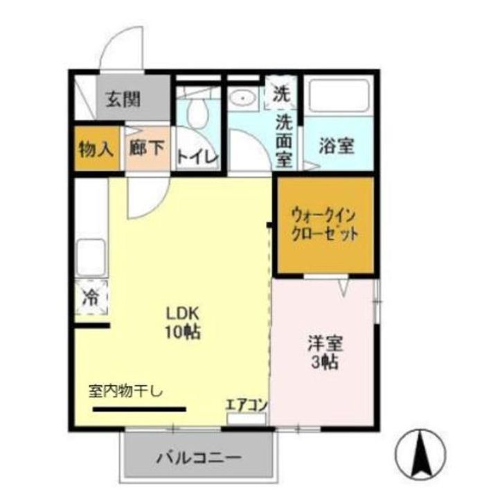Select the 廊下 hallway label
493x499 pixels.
[x=147, y=148]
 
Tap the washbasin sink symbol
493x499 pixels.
[x=244, y=98]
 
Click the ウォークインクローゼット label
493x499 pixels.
[x=324, y=223]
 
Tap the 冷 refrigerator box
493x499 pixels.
[x=90, y=298]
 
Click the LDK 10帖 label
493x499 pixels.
[x=183, y=322]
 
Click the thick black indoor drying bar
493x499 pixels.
[x=138, y=408]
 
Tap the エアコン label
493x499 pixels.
[x=247, y=405]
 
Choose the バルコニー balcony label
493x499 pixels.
[x=198, y=457]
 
